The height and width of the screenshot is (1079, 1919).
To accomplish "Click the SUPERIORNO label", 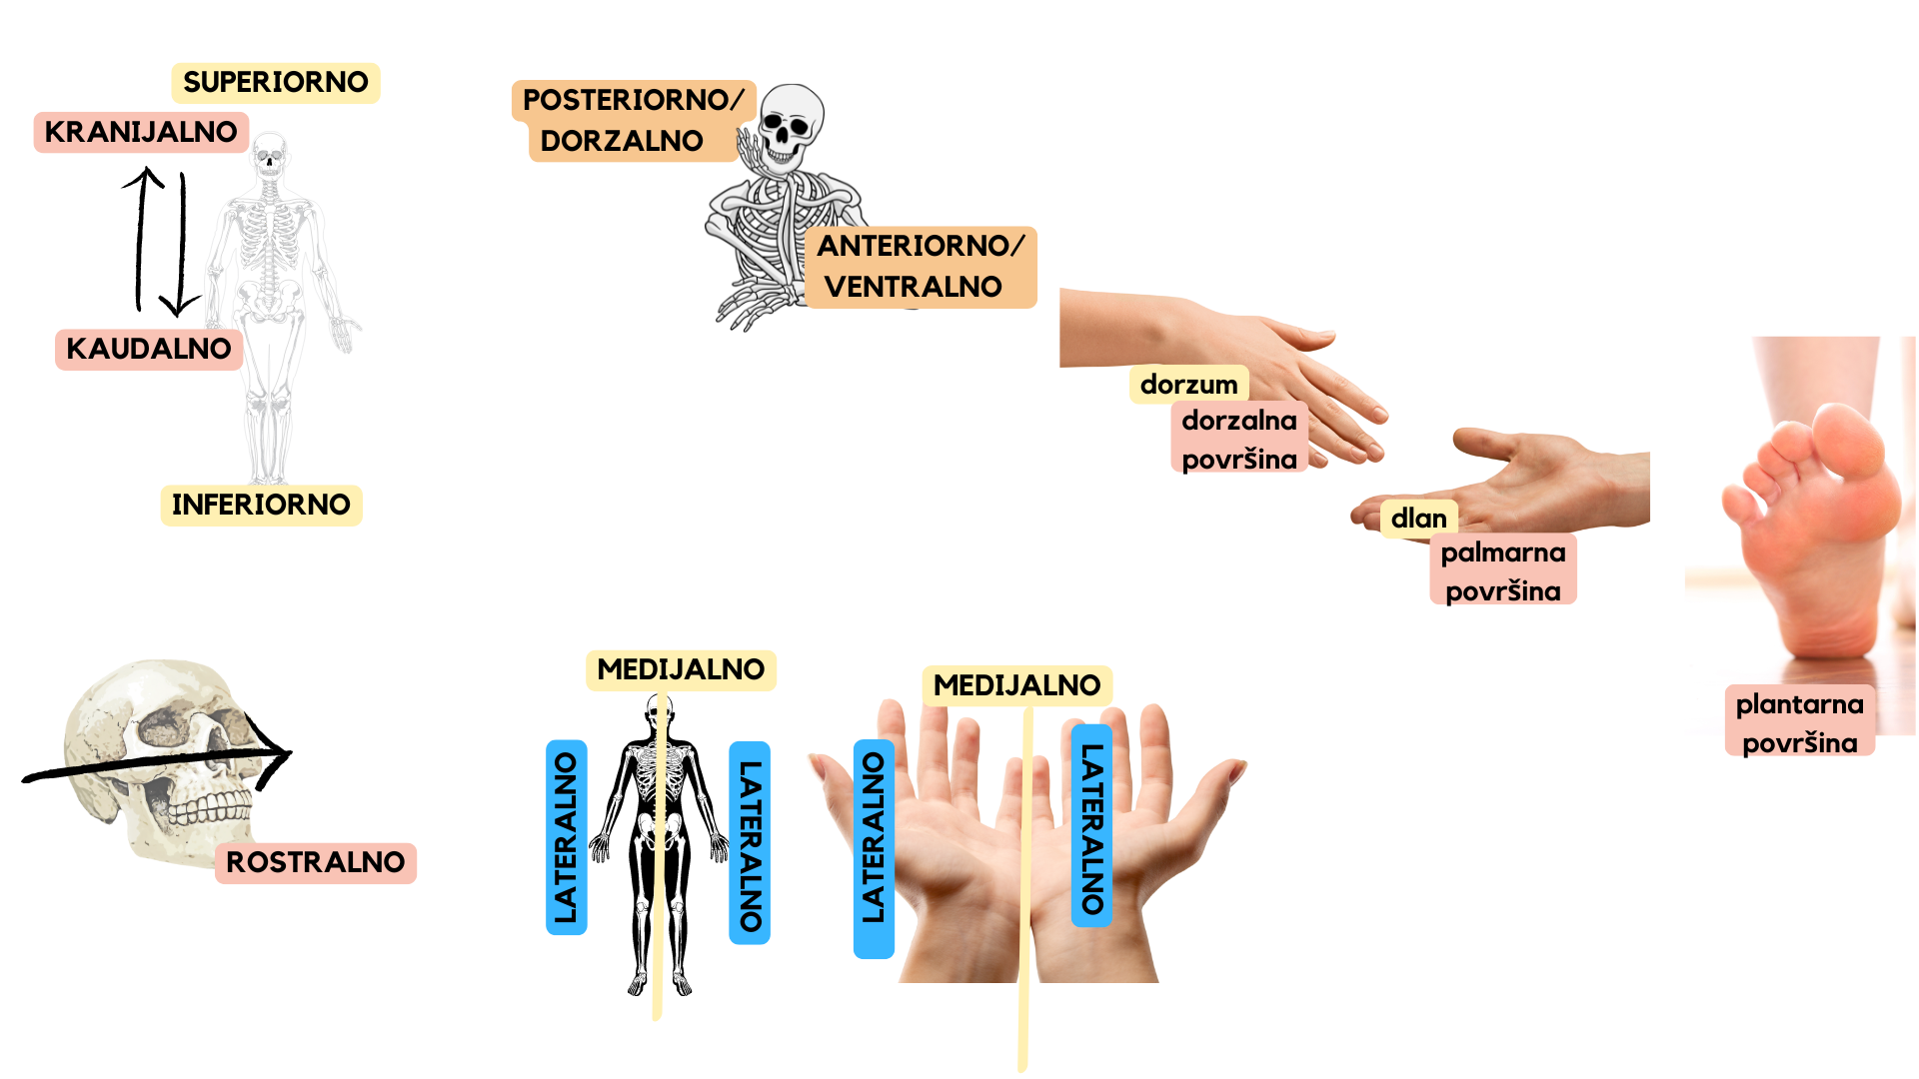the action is (276, 83).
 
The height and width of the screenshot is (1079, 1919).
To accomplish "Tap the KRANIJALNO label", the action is (141, 132).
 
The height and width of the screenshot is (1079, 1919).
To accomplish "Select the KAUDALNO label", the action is (149, 350).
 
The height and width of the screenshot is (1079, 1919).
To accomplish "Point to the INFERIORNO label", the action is (261, 506).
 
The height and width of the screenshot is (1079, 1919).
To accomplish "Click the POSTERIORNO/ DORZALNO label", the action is (632, 121).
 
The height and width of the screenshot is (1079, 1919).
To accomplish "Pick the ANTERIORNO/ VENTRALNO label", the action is (920, 267).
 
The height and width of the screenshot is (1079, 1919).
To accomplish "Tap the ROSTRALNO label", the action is (315, 863).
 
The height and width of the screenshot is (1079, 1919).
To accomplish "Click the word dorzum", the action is (1188, 385).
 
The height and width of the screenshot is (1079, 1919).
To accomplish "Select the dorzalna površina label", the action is (1239, 440).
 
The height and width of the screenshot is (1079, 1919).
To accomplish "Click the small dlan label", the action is (1419, 519).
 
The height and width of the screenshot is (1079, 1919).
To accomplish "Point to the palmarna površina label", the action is (1503, 571).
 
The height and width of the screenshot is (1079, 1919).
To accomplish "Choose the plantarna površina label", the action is (1799, 723).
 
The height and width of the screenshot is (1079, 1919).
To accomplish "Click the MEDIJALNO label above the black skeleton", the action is (681, 670).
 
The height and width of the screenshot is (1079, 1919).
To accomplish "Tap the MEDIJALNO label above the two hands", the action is (1016, 686).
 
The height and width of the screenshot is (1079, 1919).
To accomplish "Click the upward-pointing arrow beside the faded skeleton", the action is (141, 240).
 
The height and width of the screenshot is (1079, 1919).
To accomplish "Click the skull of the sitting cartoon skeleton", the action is (790, 127).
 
